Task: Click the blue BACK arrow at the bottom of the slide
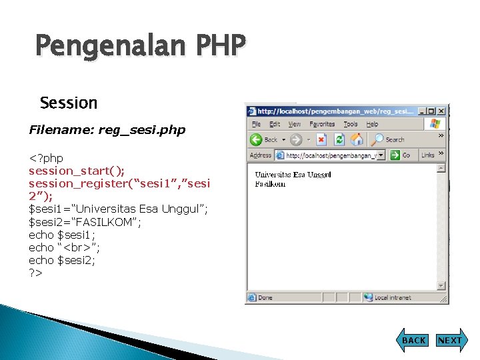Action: [x=413, y=340]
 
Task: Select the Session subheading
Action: [x=69, y=103]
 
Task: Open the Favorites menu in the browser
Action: [x=323, y=124]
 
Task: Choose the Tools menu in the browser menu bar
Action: [x=351, y=124]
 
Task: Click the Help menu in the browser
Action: [x=372, y=124]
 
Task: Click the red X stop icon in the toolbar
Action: [x=321, y=140]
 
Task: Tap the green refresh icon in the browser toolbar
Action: [x=339, y=140]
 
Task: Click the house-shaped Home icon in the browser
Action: [x=357, y=140]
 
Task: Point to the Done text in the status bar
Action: [x=265, y=297]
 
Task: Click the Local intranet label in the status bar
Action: [x=392, y=297]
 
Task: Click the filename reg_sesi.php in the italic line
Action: [x=141, y=130]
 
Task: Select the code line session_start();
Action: [x=77, y=171]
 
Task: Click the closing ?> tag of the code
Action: [x=35, y=273]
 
